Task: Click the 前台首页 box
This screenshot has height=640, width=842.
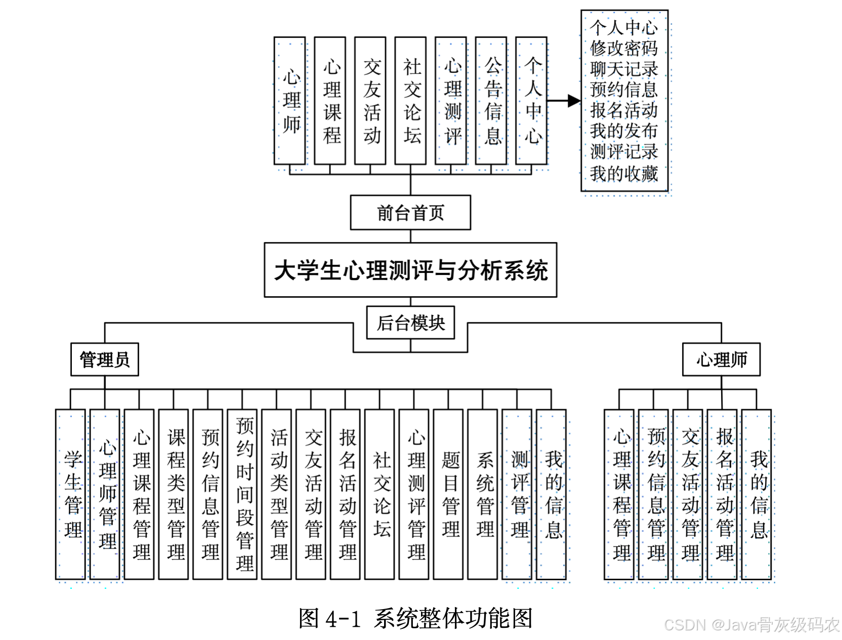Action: (410, 213)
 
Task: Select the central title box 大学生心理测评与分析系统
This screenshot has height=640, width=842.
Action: (410, 270)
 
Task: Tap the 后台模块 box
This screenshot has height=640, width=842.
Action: (410, 323)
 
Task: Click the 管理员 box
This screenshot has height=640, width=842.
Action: (105, 359)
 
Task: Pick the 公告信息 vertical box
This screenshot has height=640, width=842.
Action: (491, 101)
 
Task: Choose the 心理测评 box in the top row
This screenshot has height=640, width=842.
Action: (451, 101)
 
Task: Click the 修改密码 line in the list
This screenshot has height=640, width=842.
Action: (623, 48)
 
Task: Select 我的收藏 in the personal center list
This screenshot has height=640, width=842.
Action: (623, 174)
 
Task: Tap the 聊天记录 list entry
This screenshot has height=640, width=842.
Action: (623, 69)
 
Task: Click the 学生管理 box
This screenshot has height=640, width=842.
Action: (71, 494)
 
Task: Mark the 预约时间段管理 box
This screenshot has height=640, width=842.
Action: (243, 494)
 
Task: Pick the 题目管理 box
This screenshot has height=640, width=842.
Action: (449, 494)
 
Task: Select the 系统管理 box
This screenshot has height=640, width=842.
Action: (483, 494)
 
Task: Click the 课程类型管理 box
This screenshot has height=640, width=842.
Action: (174, 494)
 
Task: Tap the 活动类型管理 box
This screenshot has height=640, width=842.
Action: (277, 494)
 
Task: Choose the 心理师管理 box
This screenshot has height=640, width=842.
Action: (105, 494)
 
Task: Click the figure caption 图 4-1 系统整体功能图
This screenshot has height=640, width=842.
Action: (415, 618)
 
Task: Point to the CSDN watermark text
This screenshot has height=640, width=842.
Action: (751, 625)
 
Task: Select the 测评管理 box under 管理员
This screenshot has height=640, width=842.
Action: (518, 494)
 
